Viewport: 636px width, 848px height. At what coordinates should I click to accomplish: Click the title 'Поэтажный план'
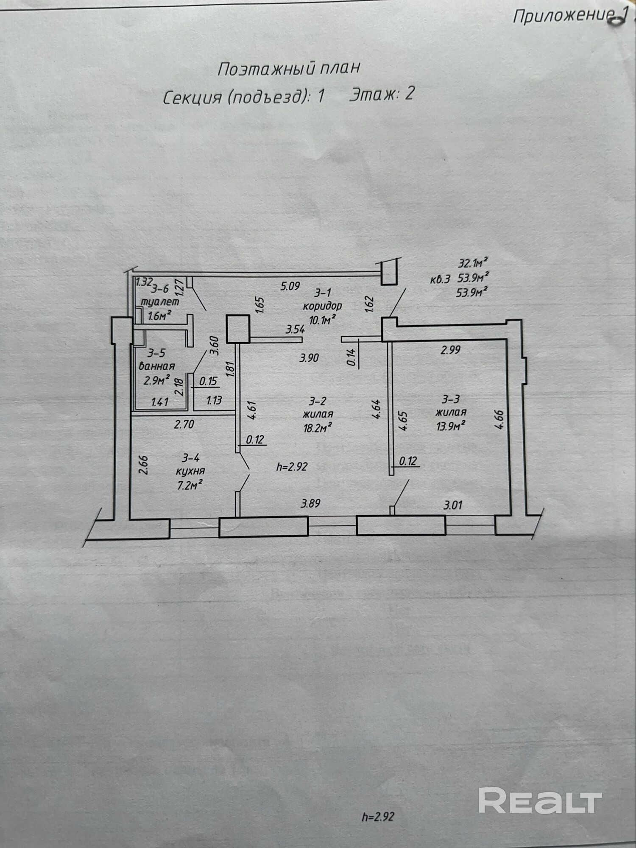pos(289,68)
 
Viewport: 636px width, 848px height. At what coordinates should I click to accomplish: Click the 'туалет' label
pos(160,302)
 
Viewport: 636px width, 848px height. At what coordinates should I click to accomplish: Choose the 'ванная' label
pos(157,366)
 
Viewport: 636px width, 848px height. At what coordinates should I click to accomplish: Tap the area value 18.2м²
pos(317,428)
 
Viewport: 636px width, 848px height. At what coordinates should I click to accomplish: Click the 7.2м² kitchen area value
pos(189,485)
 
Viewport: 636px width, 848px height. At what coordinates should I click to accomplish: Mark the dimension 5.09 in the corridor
pos(290,287)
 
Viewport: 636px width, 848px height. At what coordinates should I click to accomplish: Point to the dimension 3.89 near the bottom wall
pos(310,504)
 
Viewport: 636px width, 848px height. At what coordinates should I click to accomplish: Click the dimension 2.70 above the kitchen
pos(184,424)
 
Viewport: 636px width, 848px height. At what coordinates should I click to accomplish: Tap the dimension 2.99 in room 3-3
pos(450,350)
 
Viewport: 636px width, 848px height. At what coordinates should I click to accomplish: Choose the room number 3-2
pos(318,401)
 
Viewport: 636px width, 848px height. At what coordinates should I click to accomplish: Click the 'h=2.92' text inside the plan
pos(292,467)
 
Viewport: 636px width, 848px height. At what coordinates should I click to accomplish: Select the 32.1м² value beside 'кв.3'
pos(471,263)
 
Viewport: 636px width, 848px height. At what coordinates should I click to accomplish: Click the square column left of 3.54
pos(237,329)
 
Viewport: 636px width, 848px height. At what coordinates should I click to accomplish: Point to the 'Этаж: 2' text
pos(381,94)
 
